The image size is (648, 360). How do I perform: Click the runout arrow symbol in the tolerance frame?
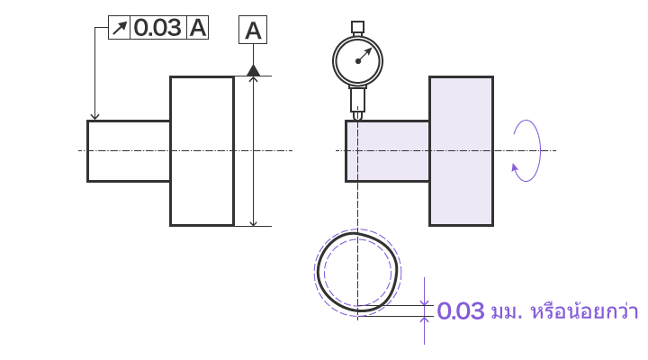pos(119,28)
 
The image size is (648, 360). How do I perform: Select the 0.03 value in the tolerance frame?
pos(157,28)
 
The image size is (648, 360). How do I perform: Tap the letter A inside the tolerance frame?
pos(197,28)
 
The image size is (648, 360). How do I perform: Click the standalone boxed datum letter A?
pos(253,31)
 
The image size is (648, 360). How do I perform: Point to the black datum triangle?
pos(253,71)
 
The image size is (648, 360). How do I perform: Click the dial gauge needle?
pos(364,55)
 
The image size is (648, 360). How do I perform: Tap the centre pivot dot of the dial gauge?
pos(358,61)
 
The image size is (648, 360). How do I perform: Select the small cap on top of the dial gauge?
pos(357,27)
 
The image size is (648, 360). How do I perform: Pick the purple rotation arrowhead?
pos(515,168)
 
